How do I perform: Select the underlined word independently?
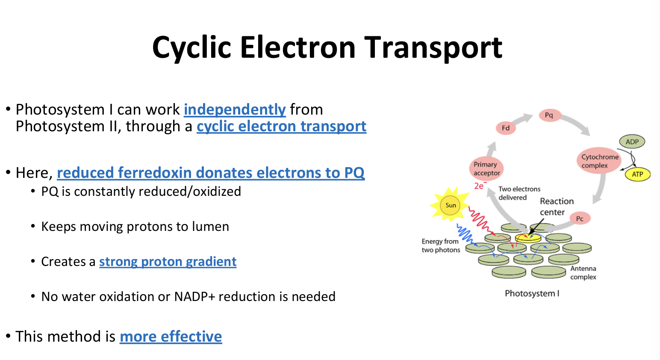(x=235, y=109)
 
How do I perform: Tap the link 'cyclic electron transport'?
(x=281, y=127)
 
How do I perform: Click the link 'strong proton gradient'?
(x=168, y=262)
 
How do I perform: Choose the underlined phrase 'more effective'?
(x=171, y=336)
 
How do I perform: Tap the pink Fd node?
(x=506, y=128)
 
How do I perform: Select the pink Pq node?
(x=549, y=115)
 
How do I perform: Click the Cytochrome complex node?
(x=599, y=161)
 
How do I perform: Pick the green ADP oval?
(x=632, y=142)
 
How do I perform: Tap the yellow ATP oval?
(x=637, y=174)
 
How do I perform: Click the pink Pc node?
(x=580, y=218)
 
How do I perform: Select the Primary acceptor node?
(x=486, y=168)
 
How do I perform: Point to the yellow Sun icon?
(x=450, y=205)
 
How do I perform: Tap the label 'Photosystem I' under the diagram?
(x=532, y=293)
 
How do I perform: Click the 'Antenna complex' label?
(x=583, y=273)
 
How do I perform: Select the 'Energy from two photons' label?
(x=441, y=246)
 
